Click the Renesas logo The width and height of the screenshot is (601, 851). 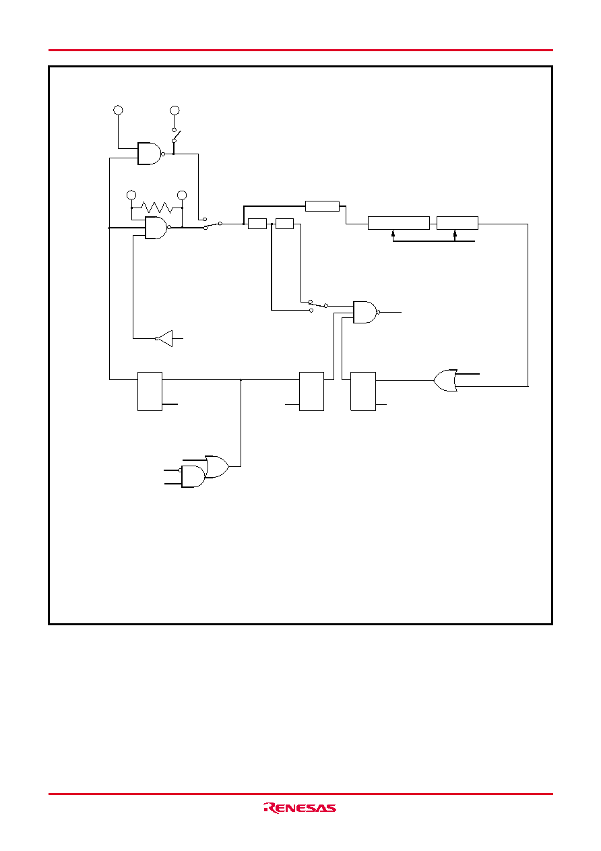(300, 808)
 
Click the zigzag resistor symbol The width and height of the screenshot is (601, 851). (156, 208)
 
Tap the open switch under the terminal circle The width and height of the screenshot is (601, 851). (177, 135)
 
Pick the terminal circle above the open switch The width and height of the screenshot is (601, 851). (175, 111)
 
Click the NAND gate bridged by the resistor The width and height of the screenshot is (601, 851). (156, 228)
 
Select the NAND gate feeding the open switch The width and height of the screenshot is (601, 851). (150, 154)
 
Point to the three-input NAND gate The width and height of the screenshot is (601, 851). (365, 312)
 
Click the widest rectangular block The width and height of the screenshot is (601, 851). (398, 223)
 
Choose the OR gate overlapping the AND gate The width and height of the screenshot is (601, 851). (217, 466)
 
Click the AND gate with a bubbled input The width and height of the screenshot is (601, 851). (193, 476)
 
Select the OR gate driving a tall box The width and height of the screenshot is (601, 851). (445, 380)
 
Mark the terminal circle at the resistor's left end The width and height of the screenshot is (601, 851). (131, 195)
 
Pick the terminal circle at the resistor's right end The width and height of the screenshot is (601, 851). (182, 195)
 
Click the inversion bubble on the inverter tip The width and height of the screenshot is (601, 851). (156, 338)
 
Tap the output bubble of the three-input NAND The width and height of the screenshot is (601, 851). (379, 312)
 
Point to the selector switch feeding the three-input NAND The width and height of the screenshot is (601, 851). (319, 305)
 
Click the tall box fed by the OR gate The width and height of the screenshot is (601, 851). (362, 391)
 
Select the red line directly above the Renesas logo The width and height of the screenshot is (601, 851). (300, 794)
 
